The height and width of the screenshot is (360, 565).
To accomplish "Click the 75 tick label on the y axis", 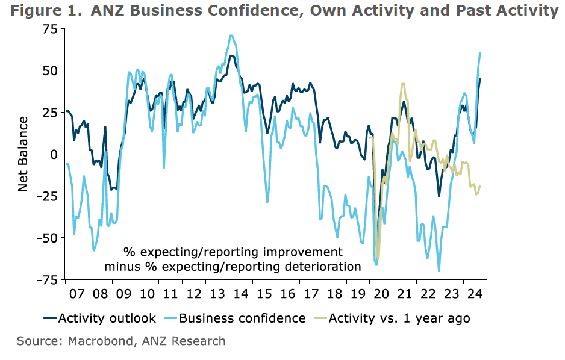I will click(49, 28).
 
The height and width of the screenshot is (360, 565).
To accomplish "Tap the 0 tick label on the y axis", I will click(53, 154).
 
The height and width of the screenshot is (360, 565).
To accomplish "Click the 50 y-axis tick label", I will click(49, 70).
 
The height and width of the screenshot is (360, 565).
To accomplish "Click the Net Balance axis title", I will click(23, 154).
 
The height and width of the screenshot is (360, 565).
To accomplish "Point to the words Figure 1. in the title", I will click(42, 10).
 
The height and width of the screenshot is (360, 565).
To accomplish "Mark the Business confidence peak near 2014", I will click(231, 36).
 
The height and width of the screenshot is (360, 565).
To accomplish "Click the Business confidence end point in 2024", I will click(480, 53).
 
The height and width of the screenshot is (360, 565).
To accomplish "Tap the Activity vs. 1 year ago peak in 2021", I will click(403, 84).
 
